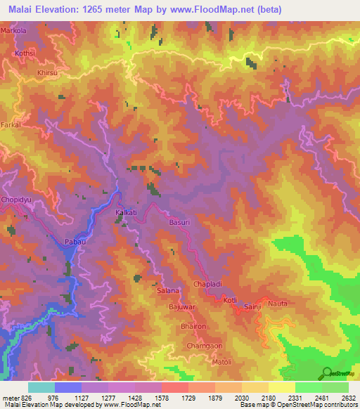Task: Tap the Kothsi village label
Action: click(x=25, y=53)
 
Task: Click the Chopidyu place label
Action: click(x=18, y=200)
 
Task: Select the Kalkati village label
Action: click(x=127, y=212)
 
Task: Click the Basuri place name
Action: click(x=180, y=223)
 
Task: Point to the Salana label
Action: click(x=168, y=290)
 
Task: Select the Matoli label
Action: click(x=222, y=362)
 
